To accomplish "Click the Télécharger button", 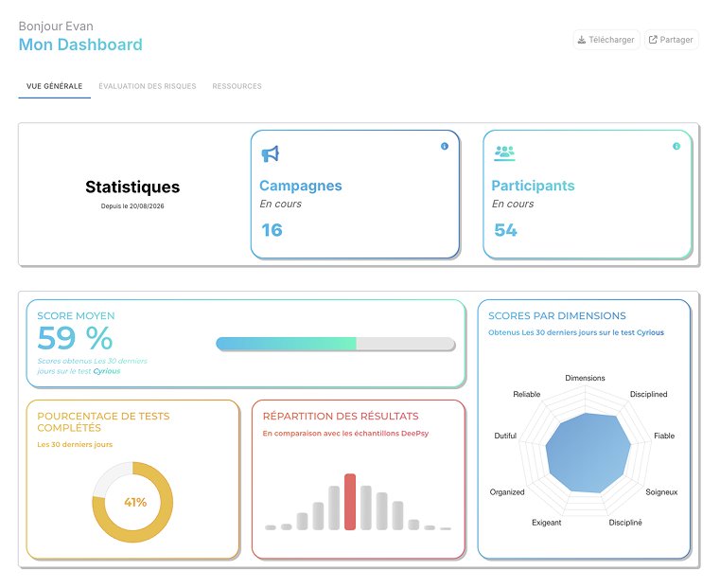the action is point(606,40).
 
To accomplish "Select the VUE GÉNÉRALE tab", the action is point(55,86).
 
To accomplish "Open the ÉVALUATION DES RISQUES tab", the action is point(148,86).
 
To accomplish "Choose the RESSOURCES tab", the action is point(237,86).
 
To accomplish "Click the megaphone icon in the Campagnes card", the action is point(271,154).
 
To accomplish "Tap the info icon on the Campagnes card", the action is point(445,146).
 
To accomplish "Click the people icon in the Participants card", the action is point(504,153).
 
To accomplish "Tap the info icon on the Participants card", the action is point(676,146).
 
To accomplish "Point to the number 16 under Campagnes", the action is point(272,230).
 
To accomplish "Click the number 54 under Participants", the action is point(505,230).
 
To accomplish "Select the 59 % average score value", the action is point(75,338).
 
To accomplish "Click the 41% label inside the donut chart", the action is point(135,502).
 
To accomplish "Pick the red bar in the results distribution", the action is point(350,502).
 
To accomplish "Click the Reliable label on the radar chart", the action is point(527,394).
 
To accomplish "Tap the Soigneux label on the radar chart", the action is point(661,492).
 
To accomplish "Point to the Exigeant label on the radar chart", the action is point(547,523).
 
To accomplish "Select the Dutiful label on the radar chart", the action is point(505,436).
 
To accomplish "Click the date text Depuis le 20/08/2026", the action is point(132,205).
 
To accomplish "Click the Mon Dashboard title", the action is point(80,45).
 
